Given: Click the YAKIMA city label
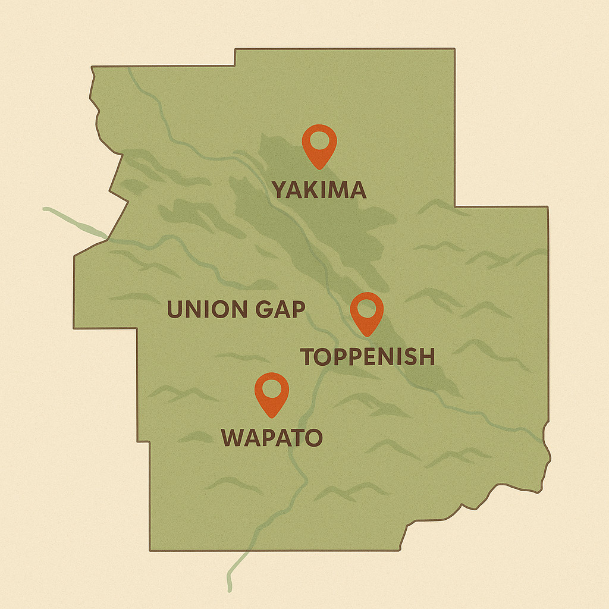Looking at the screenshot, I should point(319,190).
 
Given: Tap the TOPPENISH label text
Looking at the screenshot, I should point(368,357).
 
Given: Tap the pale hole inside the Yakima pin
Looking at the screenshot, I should point(319,141).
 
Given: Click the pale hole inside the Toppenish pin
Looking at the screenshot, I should point(366,309).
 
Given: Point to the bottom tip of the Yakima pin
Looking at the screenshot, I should point(319,168).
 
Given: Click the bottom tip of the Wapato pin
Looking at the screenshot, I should point(272,417).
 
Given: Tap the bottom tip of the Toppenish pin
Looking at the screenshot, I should point(367,335).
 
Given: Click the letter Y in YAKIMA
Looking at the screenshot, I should point(280,190).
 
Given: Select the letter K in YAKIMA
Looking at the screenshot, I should point(314,190).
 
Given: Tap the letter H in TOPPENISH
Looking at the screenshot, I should point(426,357).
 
